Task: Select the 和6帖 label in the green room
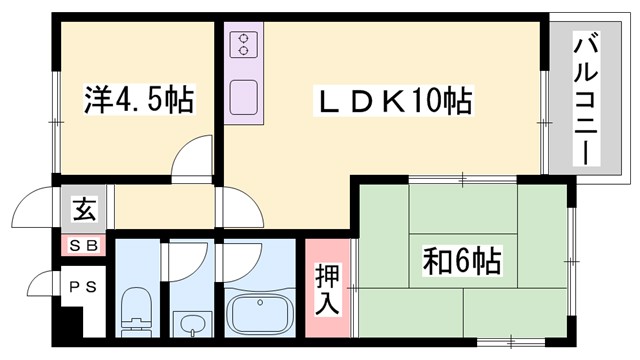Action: point(461,263)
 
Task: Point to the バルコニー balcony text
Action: point(586,99)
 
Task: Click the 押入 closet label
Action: point(328,287)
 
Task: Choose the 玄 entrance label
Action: point(84,211)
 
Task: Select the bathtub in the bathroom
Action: point(259,313)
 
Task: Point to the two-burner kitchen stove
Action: point(243,43)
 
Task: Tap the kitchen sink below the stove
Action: point(243,97)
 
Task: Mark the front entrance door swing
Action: point(35,210)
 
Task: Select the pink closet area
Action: point(328,290)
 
